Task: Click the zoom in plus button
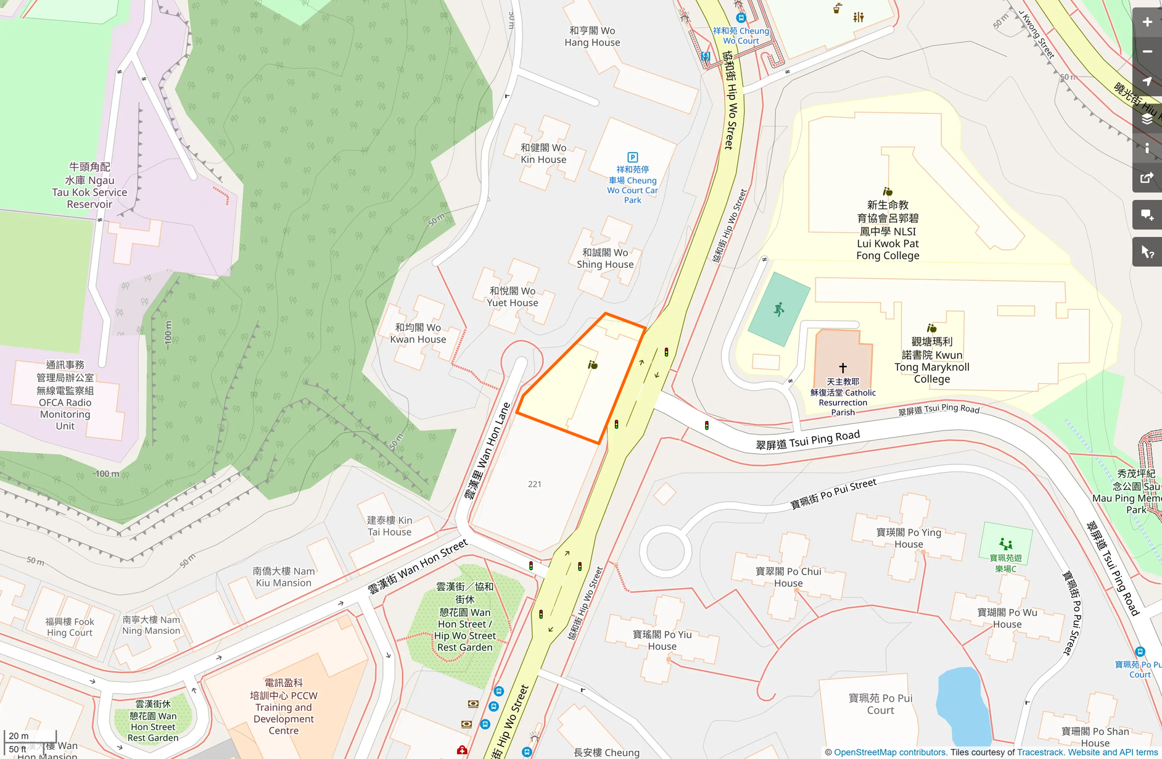point(1147,22)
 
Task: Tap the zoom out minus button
point(1147,52)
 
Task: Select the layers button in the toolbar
point(1147,119)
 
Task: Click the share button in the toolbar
point(1147,178)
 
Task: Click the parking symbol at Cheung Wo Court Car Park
point(632,157)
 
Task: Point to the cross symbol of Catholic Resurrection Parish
point(843,368)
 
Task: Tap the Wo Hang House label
point(592,36)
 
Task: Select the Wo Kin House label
point(543,154)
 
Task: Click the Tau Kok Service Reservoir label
point(89,186)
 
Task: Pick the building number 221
point(535,484)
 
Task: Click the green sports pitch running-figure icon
point(779,309)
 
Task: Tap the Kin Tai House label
point(390,526)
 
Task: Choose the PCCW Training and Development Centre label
point(284,707)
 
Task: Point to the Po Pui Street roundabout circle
point(665,551)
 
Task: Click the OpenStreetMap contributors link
point(890,752)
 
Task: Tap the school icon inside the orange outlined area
point(593,365)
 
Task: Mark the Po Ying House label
point(909,538)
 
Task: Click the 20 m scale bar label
point(19,736)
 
